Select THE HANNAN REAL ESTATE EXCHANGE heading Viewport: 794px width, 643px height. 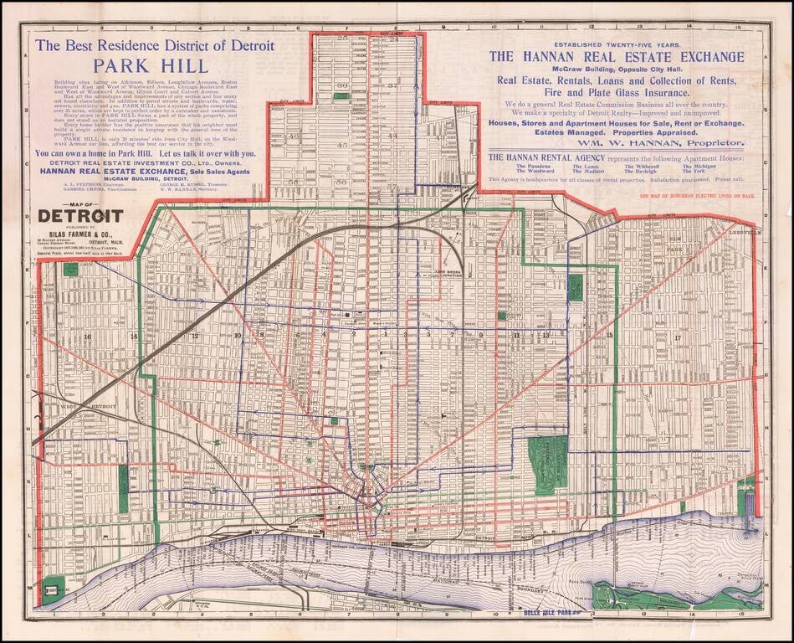pyautogui.click(x=616, y=57)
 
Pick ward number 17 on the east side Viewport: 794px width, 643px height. pyautogui.click(x=678, y=337)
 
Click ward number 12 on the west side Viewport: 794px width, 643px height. pyautogui.click(x=194, y=335)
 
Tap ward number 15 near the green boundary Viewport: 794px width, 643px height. pyautogui.click(x=610, y=335)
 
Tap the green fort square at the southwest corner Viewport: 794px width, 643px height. pyautogui.click(x=53, y=589)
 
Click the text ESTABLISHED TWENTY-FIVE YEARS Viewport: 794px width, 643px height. pyautogui.click(x=617, y=43)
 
